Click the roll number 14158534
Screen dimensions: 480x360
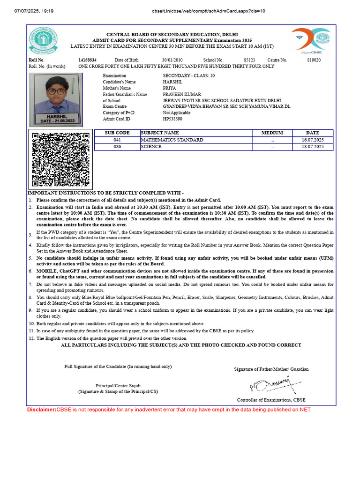click(x=87, y=60)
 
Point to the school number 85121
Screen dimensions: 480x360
click(x=249, y=60)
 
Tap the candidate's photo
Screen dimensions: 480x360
click(x=55, y=99)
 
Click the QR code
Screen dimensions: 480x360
click(x=60, y=159)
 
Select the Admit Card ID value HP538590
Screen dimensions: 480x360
click(x=172, y=119)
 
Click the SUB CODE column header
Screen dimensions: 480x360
click(x=117, y=133)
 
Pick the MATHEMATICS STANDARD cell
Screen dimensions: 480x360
click(x=172, y=140)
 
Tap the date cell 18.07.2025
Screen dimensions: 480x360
click(x=313, y=147)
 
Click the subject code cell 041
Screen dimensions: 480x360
click(x=117, y=140)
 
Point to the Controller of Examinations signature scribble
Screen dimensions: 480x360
click(x=272, y=385)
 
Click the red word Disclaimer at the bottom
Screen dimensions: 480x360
click(x=41, y=410)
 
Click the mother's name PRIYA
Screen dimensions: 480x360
click(x=169, y=88)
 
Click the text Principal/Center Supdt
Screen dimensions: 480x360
click(x=118, y=385)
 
